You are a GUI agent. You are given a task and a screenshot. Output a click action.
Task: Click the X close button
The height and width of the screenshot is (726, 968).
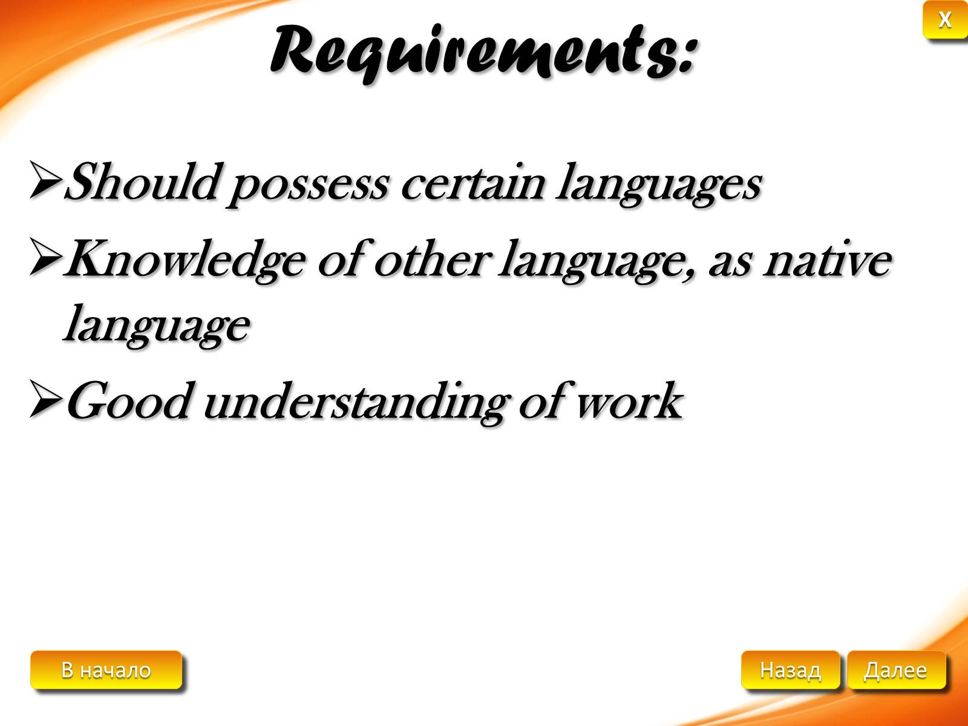[944, 20]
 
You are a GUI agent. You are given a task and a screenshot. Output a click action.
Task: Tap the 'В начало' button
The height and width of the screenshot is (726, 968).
[106, 670]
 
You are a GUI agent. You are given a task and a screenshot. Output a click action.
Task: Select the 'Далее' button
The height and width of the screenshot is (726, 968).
[896, 670]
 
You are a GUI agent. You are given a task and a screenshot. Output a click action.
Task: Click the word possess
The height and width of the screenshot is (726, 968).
[308, 188]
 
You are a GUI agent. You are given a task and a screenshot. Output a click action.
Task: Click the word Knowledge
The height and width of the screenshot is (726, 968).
[185, 261]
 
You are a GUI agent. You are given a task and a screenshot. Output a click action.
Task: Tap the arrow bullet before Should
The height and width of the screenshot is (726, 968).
[45, 180]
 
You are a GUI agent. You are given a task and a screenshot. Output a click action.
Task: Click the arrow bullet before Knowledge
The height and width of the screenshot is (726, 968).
[45, 257]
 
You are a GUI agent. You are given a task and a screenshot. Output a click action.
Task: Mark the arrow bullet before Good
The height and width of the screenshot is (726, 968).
[45, 399]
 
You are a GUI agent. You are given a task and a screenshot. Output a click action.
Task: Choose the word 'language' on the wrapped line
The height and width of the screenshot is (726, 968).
[157, 325]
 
